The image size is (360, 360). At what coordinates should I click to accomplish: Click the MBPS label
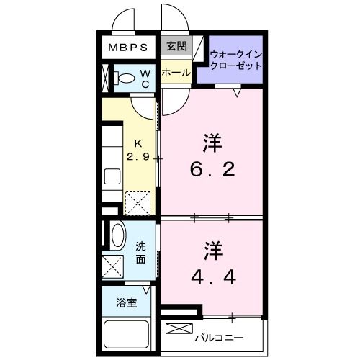pos(129,49)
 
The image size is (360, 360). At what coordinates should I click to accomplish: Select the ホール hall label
pos(175,73)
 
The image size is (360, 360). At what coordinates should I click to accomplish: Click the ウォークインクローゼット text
pos(235,60)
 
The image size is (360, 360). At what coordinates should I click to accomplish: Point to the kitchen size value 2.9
pos(138,156)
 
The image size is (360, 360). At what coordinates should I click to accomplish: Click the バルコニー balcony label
pos(219,337)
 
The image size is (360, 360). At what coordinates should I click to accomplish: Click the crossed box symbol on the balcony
pos(176,330)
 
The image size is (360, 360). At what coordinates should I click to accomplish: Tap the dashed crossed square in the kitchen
pos(136,202)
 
